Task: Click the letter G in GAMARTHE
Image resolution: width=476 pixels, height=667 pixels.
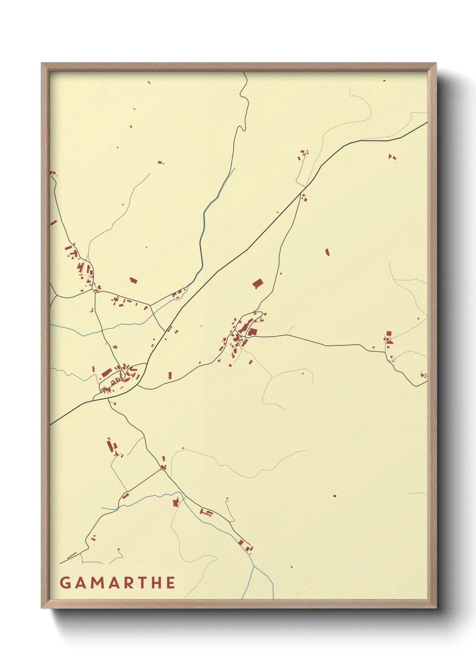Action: coord(66,583)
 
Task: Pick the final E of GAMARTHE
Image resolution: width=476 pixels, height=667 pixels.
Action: coord(171,583)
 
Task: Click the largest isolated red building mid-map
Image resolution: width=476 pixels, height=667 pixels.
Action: coord(258,283)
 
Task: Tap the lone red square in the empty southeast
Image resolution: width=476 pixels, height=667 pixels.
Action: coord(335,496)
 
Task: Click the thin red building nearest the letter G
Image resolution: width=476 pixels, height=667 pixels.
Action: coord(72,556)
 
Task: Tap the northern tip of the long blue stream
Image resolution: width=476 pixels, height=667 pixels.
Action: coord(235,169)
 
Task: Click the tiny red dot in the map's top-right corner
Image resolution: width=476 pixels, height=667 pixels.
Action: coord(384,81)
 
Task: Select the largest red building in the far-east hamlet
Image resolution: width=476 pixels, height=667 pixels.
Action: coord(389,334)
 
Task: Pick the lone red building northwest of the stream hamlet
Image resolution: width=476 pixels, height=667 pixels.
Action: coord(133,280)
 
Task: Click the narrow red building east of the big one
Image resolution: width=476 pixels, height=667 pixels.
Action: coord(327,252)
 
